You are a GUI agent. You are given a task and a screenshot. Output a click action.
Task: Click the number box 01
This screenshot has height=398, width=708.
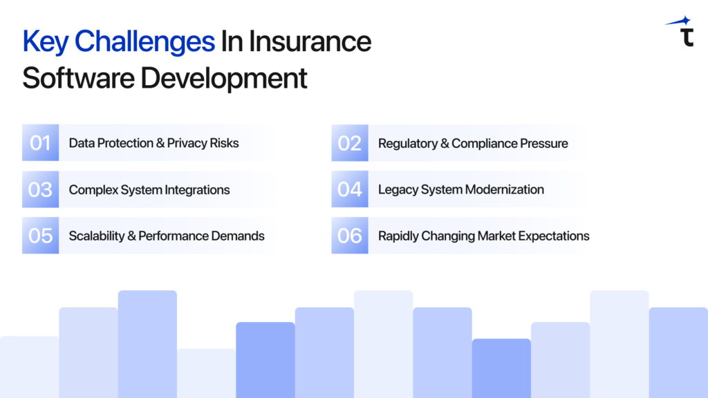click(x=40, y=143)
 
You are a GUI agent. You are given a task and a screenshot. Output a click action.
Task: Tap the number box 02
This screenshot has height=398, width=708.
click(x=349, y=143)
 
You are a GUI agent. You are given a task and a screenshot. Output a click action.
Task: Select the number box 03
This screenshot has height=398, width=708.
click(x=40, y=189)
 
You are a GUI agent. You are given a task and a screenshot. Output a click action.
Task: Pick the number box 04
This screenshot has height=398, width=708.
click(x=349, y=189)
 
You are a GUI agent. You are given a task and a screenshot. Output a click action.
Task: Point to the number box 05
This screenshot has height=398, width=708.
click(x=40, y=236)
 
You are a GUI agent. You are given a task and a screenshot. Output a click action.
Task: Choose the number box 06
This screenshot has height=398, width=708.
click(x=349, y=236)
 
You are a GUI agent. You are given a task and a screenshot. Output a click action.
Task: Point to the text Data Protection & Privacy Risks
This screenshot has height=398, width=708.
click(x=153, y=143)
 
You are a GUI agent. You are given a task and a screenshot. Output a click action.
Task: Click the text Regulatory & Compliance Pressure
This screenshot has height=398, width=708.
click(x=473, y=143)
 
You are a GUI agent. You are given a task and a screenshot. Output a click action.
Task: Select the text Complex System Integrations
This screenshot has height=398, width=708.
click(x=149, y=189)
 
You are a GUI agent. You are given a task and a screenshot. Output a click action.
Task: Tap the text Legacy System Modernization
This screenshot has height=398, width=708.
click(x=460, y=189)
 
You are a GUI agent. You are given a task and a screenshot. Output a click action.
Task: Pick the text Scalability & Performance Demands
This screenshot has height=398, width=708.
click(x=166, y=236)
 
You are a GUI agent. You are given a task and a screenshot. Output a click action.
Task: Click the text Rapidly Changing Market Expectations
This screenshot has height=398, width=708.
click(x=483, y=236)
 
